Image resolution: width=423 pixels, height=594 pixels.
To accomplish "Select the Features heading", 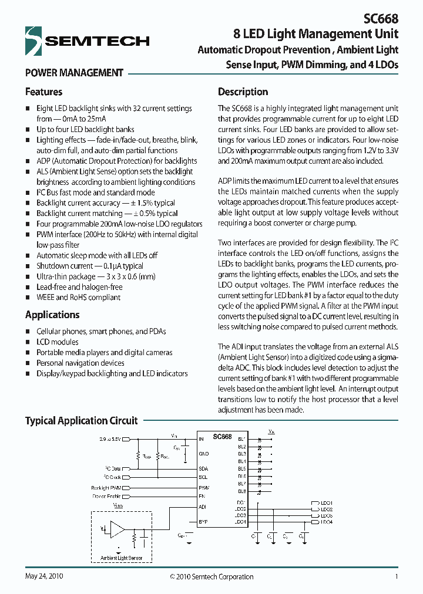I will tap(43, 92).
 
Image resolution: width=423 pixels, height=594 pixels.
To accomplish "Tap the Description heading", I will tap(243, 92).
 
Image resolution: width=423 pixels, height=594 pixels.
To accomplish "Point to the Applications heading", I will tap(52, 315).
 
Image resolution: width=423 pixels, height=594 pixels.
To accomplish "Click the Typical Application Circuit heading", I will tap(81, 421).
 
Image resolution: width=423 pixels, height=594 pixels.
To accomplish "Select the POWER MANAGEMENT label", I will tap(74, 73).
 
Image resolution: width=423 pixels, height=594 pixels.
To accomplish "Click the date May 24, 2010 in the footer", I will tap(44, 576).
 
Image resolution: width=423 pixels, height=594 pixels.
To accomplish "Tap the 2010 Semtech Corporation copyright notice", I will tap(211, 576).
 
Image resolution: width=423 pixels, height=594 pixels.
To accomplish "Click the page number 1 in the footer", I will tap(397, 576).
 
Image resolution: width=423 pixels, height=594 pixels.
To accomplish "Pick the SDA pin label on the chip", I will tap(204, 468).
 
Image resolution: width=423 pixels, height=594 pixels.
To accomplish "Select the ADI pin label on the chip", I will tap(203, 506).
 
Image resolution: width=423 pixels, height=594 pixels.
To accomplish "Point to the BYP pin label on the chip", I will tap(203, 521).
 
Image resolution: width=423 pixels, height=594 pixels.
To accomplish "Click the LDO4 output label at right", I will tap(327, 522).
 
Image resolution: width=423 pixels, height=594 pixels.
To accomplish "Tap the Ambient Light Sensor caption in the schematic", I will tap(120, 558).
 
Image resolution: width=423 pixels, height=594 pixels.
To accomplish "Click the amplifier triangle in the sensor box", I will tap(118, 529).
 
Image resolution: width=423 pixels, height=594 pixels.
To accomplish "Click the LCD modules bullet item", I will tap(58, 342).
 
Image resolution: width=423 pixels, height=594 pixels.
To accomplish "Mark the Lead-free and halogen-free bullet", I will tap(79, 287).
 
